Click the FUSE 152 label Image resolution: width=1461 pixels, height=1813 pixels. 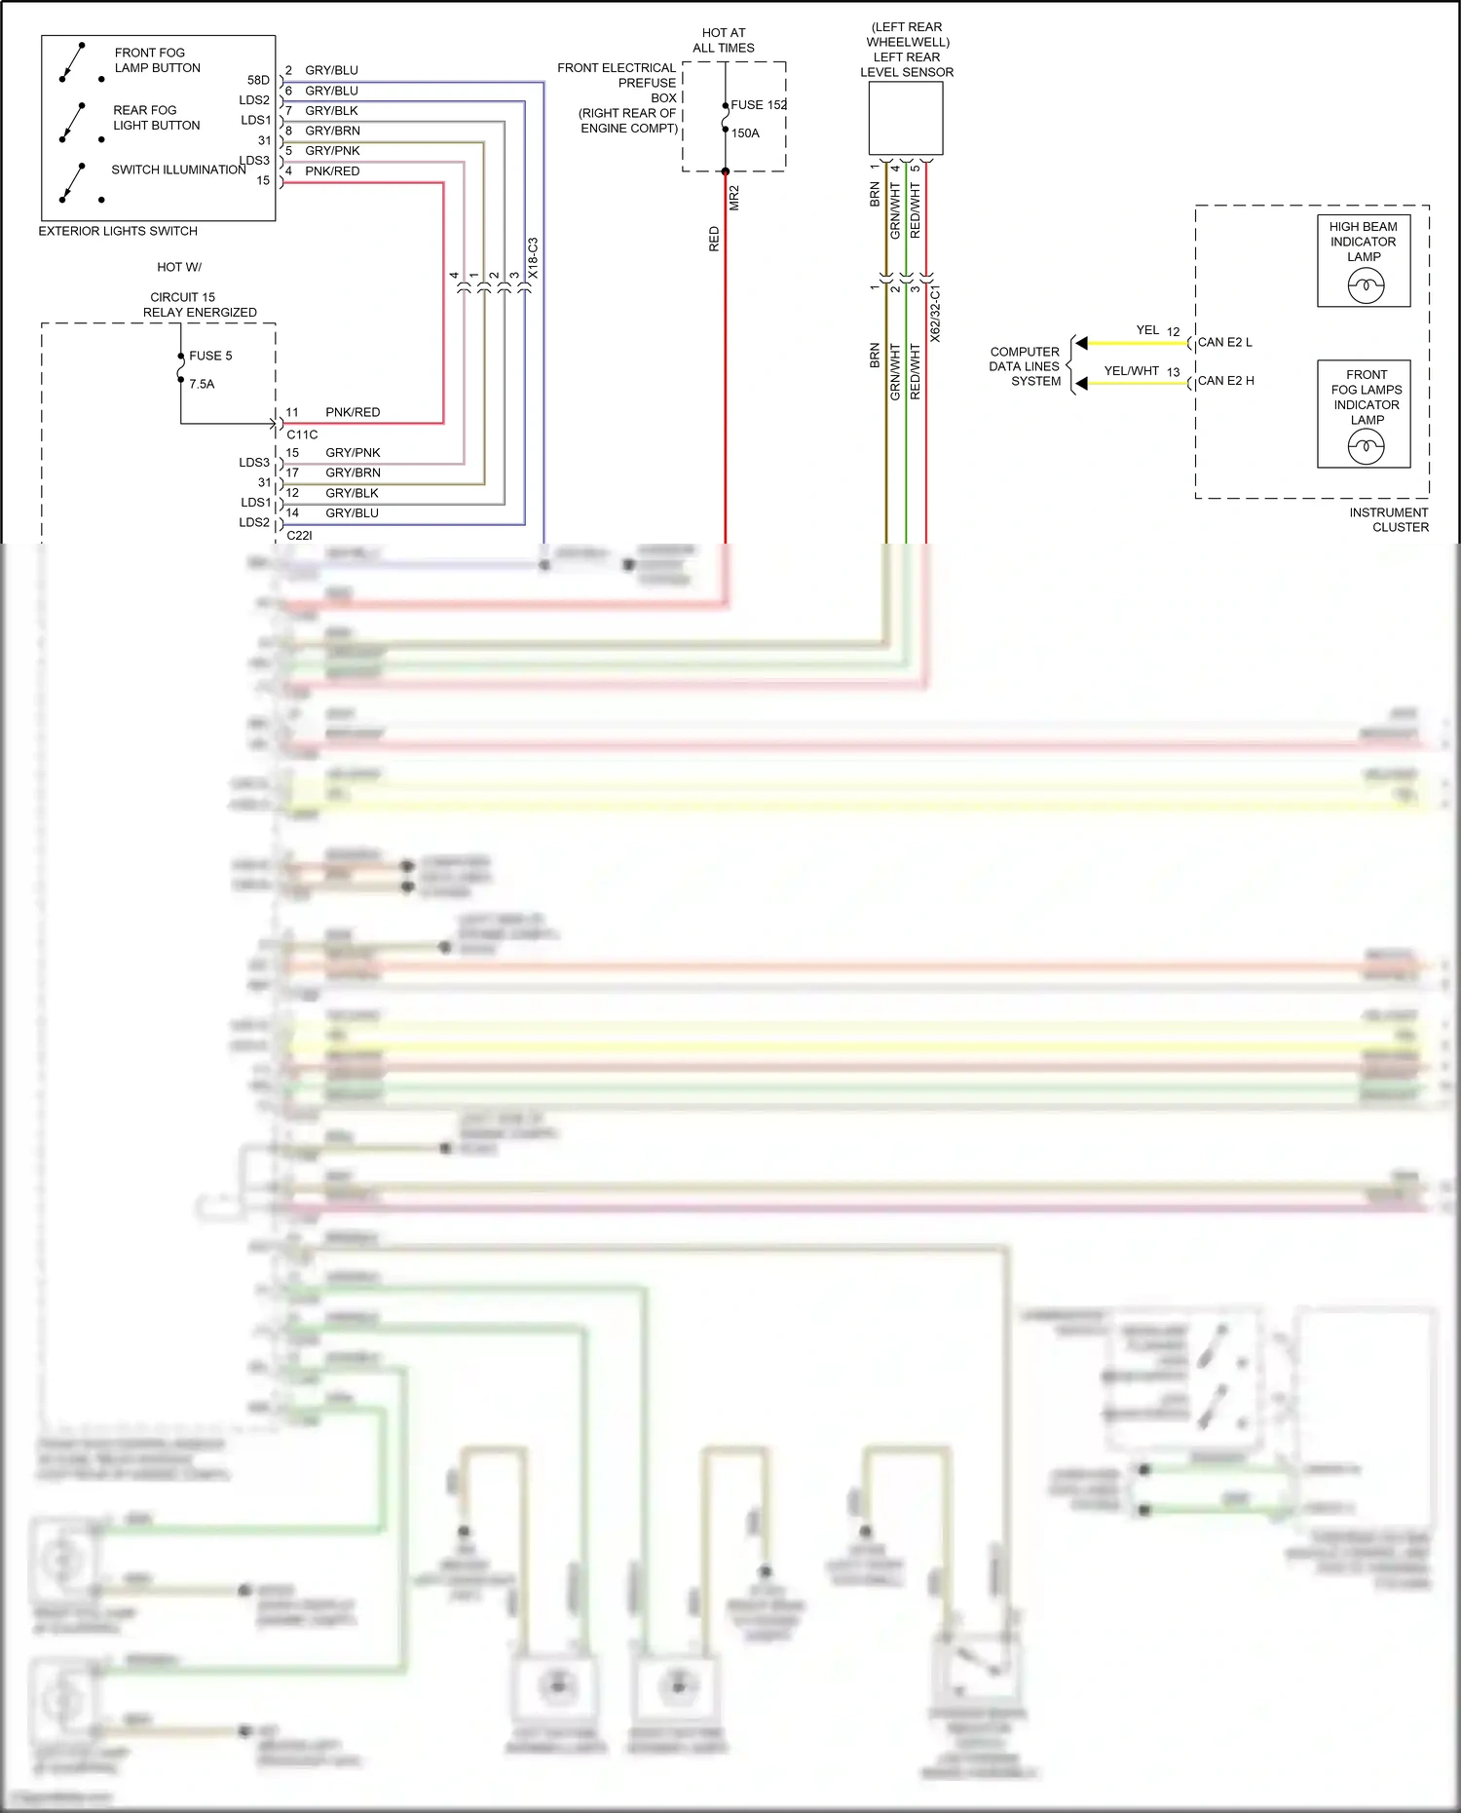coord(758,105)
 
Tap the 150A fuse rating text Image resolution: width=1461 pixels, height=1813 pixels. coord(745,133)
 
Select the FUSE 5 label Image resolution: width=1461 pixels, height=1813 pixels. coord(210,356)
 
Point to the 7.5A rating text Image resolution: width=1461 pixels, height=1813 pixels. coord(202,384)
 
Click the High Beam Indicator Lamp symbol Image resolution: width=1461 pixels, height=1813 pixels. coord(1366,285)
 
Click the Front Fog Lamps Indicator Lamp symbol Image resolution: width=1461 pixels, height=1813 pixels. coord(1366,446)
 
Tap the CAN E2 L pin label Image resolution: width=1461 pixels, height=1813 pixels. coord(1224,342)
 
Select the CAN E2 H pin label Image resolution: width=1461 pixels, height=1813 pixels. coord(1225,381)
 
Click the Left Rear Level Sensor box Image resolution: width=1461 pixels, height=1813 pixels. coord(906,118)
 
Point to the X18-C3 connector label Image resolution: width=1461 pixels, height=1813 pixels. coord(533,258)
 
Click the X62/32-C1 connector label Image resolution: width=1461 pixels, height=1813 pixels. coord(935,314)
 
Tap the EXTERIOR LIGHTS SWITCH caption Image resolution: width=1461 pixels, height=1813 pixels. coord(118,231)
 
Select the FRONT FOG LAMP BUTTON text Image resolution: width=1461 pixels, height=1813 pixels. coord(157,60)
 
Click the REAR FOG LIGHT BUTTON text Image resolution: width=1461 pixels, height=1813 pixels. coord(156,118)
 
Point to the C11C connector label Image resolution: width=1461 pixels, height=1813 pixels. coord(302,434)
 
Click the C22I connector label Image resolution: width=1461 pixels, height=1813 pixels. coord(299,535)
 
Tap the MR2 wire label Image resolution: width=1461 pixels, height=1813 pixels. coord(734,198)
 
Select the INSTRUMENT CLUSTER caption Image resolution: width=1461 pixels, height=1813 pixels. coord(1389,519)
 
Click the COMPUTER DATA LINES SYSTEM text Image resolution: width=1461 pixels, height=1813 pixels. coord(1025,366)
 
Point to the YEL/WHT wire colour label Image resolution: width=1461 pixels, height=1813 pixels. coord(1131,371)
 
